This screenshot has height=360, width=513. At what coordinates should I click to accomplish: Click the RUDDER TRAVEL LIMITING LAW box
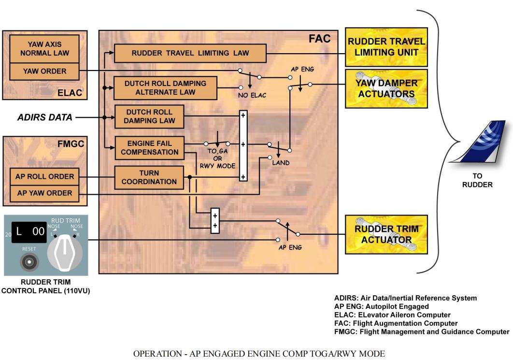coord(190,53)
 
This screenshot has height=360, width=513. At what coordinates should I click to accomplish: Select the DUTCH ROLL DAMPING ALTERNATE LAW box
coord(165,87)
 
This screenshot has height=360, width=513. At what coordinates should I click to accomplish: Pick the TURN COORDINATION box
coord(149,177)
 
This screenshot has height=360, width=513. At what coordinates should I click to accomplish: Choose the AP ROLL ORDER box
coord(44,177)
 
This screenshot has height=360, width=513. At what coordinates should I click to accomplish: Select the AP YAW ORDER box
coord(44,193)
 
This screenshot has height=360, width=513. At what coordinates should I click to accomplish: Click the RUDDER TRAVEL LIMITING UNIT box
coord(386,46)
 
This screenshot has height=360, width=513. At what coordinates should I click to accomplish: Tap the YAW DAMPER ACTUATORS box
coord(386,88)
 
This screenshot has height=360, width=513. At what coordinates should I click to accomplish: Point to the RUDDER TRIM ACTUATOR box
coord(386,234)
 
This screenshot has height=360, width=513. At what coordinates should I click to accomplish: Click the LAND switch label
coord(281,163)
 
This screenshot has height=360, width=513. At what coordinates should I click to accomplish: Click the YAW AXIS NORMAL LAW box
coord(44,48)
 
